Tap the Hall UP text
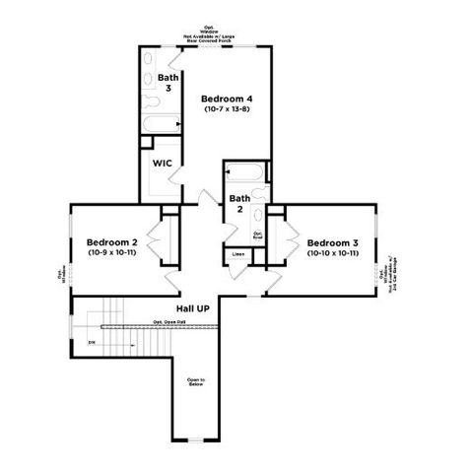193,308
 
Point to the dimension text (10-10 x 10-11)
332,253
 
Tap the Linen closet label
237,254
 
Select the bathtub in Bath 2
247,173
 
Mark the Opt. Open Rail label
169,321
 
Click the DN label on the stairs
92,342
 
